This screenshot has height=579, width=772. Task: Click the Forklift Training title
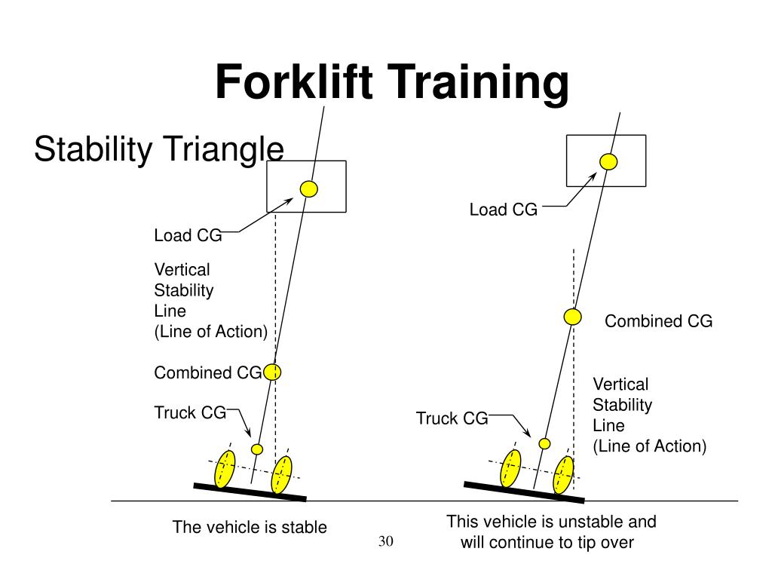click(x=392, y=82)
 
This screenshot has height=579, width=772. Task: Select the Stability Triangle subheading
click(x=159, y=149)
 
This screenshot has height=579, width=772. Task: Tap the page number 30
click(x=386, y=541)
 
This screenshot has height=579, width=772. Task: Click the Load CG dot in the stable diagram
click(x=308, y=188)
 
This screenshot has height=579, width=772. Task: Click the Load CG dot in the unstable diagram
click(x=608, y=161)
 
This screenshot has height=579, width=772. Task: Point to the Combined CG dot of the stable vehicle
click(x=272, y=372)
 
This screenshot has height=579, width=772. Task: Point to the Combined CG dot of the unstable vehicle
click(x=573, y=317)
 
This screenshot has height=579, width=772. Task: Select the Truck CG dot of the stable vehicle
click(x=257, y=449)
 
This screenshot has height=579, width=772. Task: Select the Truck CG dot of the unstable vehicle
click(x=544, y=443)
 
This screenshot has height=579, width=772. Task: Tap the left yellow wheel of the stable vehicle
click(x=225, y=469)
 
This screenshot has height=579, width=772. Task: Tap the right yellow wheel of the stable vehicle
click(x=282, y=475)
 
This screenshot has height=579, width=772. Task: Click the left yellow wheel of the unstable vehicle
click(x=510, y=468)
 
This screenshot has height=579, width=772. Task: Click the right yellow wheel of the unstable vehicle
click(x=564, y=475)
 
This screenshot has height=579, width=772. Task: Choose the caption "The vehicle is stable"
click(x=250, y=527)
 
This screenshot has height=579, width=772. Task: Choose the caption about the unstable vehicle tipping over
click(x=551, y=532)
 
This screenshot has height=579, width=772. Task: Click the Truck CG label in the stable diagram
click(x=190, y=412)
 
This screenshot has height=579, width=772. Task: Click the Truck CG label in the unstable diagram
click(x=452, y=418)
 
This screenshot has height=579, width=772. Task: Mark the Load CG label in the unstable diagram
click(x=503, y=210)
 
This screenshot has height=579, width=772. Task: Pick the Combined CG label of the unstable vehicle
click(x=659, y=321)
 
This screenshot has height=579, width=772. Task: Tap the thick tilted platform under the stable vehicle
click(x=250, y=492)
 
